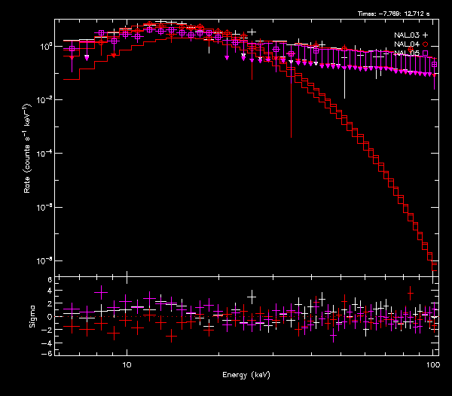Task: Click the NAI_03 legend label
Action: point(406,35)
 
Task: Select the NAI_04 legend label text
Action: point(406,44)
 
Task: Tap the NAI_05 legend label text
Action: point(406,53)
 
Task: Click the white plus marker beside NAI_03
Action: point(426,35)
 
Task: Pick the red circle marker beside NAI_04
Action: point(426,44)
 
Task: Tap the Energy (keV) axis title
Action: point(246,374)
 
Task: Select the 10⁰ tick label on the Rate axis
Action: point(45,46)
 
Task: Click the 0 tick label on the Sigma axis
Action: point(49,317)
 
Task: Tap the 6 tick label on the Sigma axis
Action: point(49,280)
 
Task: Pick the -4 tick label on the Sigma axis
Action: point(47,341)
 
